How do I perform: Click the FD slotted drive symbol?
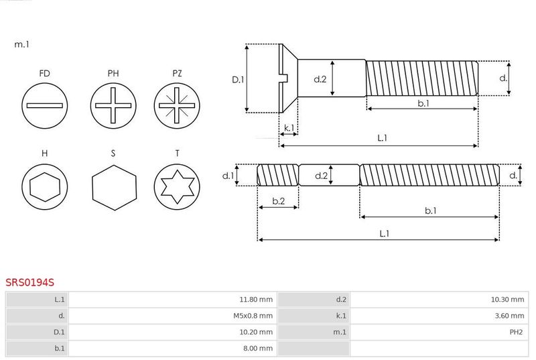44,106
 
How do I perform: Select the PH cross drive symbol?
113,106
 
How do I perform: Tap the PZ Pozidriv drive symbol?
177,106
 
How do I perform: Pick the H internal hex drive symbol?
44,186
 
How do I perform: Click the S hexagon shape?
114,187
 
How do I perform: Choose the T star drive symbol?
177,186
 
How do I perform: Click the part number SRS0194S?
29,282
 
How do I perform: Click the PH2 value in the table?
516,332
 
